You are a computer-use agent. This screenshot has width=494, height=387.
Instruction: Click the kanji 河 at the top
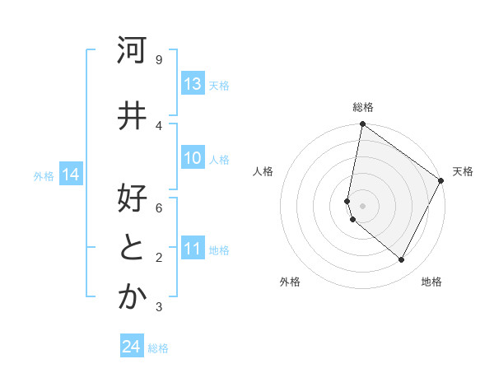[131, 50]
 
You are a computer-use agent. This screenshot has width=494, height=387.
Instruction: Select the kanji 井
[131, 116]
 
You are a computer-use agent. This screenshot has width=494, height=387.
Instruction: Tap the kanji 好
[131, 200]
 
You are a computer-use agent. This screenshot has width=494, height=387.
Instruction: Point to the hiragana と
[131, 249]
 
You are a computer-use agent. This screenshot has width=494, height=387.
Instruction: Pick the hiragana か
[131, 298]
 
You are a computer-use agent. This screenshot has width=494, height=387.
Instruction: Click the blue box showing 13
[193, 84]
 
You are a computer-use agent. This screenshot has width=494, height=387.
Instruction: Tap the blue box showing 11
[193, 249]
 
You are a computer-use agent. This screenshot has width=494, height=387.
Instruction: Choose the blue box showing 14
[70, 175]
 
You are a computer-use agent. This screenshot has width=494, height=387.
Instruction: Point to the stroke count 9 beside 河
[159, 59]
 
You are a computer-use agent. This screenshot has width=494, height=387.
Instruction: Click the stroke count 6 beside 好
[159, 208]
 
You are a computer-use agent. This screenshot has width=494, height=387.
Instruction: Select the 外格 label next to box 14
[44, 175]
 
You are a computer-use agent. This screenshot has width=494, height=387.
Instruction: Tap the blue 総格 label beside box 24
[158, 348]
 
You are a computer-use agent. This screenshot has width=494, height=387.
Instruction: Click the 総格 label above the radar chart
[363, 107]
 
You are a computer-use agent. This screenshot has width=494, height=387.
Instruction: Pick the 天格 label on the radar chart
[463, 171]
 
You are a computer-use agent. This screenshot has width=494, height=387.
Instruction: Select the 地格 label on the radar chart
[431, 282]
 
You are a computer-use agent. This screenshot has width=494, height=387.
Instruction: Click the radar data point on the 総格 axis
[362, 124]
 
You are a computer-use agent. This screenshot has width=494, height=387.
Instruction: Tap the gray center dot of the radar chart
[362, 206]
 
